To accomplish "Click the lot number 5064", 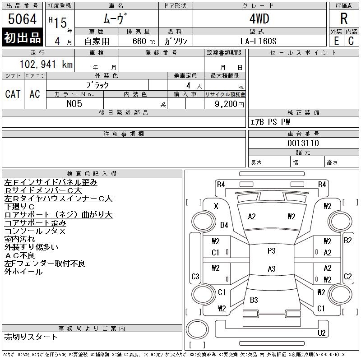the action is point(23,19).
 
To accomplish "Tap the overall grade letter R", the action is point(344,19).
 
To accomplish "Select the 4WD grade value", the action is point(259,19).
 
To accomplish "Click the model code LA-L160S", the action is point(259,41).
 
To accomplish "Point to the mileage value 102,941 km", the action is point(46,64).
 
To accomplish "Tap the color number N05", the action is point(74,104).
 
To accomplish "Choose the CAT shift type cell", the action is point(13,94).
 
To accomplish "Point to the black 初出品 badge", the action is point(23,38).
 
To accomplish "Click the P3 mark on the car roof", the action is point(271,251).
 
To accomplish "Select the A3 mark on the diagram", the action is point(271,269).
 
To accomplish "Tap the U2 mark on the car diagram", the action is point(321,333).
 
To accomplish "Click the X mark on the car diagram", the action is point(216,206).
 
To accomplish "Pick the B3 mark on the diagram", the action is point(254,300).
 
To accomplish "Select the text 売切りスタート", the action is point(31,337).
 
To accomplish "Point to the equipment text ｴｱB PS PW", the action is point(270,122).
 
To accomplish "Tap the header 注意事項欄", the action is point(124,134).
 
